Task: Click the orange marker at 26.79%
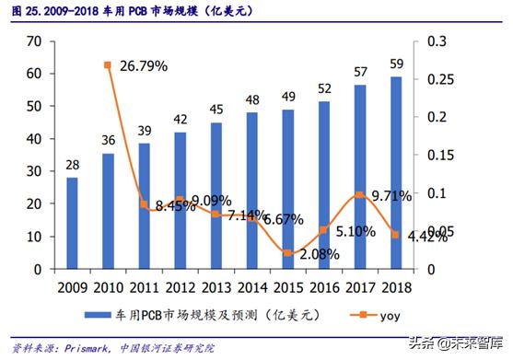(x=108, y=64)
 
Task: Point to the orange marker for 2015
(x=288, y=252)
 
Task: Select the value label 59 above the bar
(x=396, y=64)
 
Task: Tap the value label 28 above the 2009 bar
(x=72, y=164)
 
